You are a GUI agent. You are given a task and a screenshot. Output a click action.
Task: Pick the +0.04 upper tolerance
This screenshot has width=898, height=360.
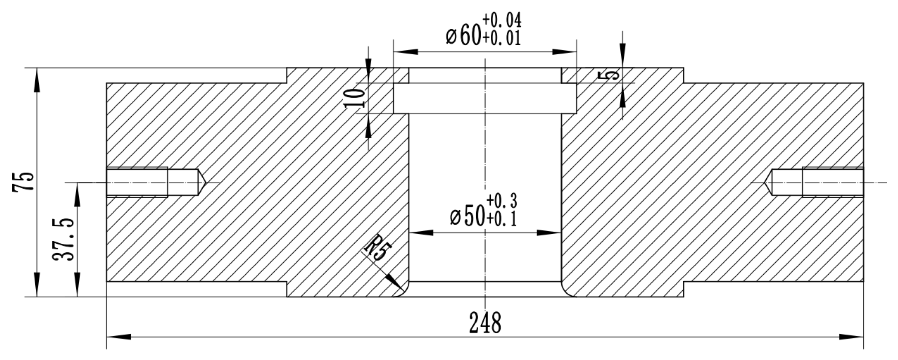pos(502,20)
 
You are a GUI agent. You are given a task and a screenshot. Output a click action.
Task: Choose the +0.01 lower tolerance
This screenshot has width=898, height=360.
pos(502,38)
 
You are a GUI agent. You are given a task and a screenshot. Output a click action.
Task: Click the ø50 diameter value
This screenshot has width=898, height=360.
pos(467,217)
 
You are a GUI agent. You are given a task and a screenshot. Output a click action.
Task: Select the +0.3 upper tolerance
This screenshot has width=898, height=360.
pos(502,201)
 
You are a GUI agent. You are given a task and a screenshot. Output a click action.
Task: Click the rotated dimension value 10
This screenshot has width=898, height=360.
pos(355,97)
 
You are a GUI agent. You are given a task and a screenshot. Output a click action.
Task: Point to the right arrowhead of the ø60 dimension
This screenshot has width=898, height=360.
pos(564,52)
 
